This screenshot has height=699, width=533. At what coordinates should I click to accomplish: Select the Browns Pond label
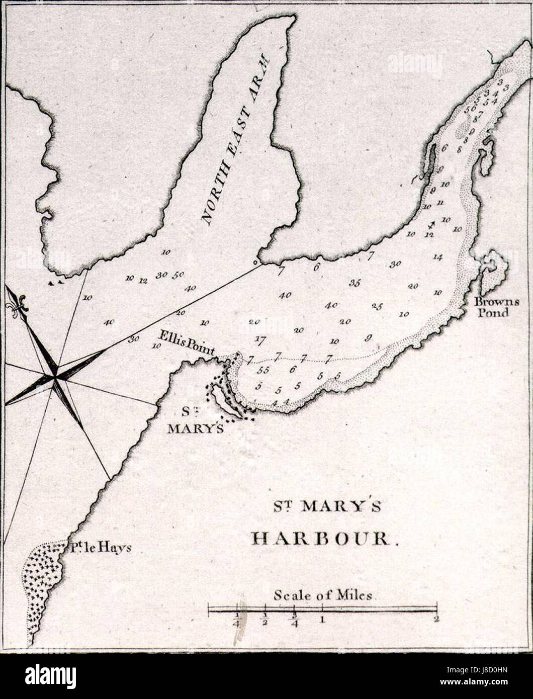(x=492, y=307)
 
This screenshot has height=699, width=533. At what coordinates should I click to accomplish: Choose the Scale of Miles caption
(x=323, y=595)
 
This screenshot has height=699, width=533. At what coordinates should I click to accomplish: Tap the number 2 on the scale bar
(x=436, y=620)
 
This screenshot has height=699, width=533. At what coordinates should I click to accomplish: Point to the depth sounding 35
(x=354, y=283)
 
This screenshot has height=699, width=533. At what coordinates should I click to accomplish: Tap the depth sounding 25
(x=377, y=306)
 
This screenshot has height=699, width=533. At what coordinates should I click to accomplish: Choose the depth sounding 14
(x=437, y=257)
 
